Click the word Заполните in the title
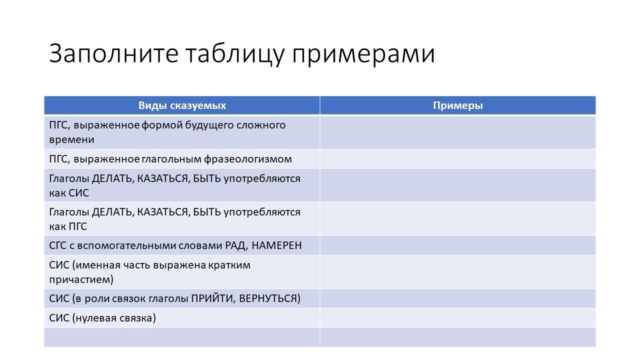click(113, 53)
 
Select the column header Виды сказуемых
click(182, 105)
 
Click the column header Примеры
click(457, 105)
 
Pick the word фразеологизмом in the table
click(247, 159)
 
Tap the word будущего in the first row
click(209, 125)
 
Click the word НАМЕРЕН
click(276, 245)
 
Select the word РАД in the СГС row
click(236, 245)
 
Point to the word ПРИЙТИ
click(213, 298)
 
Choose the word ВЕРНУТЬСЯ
click(268, 298)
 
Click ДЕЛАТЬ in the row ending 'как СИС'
click(113, 179)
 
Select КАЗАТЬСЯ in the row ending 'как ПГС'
click(163, 212)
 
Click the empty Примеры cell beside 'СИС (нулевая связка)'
click(457, 318)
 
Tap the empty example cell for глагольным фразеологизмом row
click(457, 159)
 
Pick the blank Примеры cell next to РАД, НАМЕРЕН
click(457, 245)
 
